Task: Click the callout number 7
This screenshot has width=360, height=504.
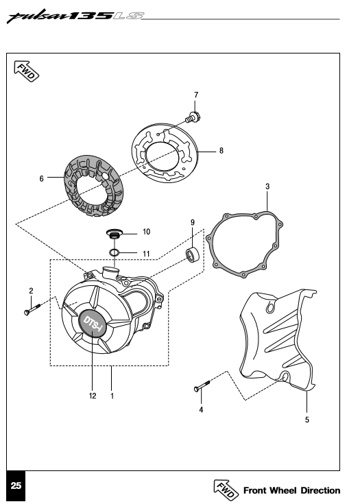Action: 196,95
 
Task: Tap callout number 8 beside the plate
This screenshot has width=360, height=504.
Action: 221,150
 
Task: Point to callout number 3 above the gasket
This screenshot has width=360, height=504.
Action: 267,187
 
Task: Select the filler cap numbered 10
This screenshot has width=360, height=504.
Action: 115,233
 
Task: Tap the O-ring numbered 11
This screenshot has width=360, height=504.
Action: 114,252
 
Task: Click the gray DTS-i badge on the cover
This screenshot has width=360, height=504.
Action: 93,324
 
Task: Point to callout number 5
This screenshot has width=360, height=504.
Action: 307,420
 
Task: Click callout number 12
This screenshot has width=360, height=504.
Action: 93,396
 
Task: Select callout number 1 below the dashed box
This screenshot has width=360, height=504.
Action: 112,396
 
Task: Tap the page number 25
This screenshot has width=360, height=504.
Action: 16,485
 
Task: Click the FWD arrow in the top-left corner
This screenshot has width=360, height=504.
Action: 26,71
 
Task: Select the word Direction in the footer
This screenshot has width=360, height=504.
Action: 320,490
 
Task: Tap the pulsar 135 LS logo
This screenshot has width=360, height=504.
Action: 75,16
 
